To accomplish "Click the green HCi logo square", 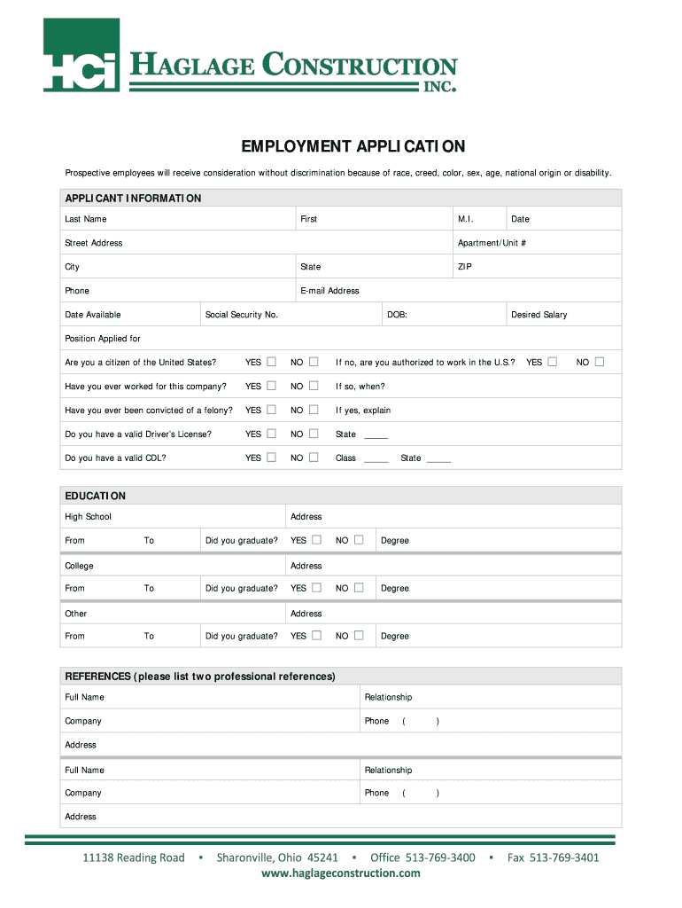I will click(81, 54).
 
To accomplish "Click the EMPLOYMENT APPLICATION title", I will click(341, 146).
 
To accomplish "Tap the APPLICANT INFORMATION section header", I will click(133, 198).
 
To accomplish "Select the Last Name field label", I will click(86, 219).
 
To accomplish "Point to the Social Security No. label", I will click(241, 315).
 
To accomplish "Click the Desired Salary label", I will click(539, 315).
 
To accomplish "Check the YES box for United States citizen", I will click(272, 362).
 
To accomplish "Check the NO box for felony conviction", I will click(314, 410).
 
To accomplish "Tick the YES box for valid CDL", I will click(272, 458).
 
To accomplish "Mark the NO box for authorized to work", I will click(600, 362).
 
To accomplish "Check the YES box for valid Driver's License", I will click(272, 434).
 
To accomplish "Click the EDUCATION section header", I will click(96, 496).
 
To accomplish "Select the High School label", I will click(88, 517).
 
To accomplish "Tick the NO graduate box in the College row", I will click(359, 588).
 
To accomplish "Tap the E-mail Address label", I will click(329, 291).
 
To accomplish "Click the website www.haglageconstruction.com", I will click(341, 873).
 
